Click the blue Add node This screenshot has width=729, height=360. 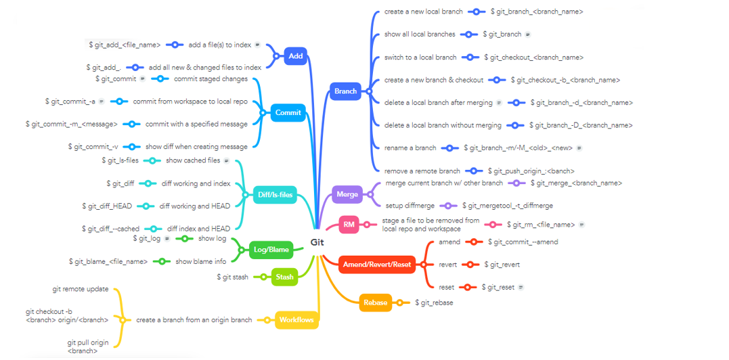click(x=296, y=56)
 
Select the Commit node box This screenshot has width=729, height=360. click(x=288, y=112)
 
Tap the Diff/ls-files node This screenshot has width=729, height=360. click(x=275, y=195)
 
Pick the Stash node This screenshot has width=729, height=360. click(x=285, y=276)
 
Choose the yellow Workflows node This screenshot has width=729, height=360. click(x=296, y=319)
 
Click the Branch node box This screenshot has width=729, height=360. click(x=345, y=91)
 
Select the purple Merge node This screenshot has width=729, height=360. click(x=347, y=195)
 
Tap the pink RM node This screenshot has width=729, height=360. click(x=349, y=224)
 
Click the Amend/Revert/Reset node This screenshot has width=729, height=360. click(x=377, y=264)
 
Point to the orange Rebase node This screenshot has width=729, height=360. click(x=375, y=302)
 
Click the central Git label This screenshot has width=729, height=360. click(x=318, y=242)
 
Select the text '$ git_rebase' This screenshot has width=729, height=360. click(x=434, y=302)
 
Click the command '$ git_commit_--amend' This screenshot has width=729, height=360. click(x=523, y=242)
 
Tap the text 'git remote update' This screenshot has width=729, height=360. click(x=81, y=289)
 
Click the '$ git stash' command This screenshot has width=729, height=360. click(x=232, y=277)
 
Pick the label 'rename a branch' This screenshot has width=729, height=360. click(x=410, y=148)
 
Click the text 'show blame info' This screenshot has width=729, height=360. click(x=201, y=261)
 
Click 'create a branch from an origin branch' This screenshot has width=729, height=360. click(x=194, y=319)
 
